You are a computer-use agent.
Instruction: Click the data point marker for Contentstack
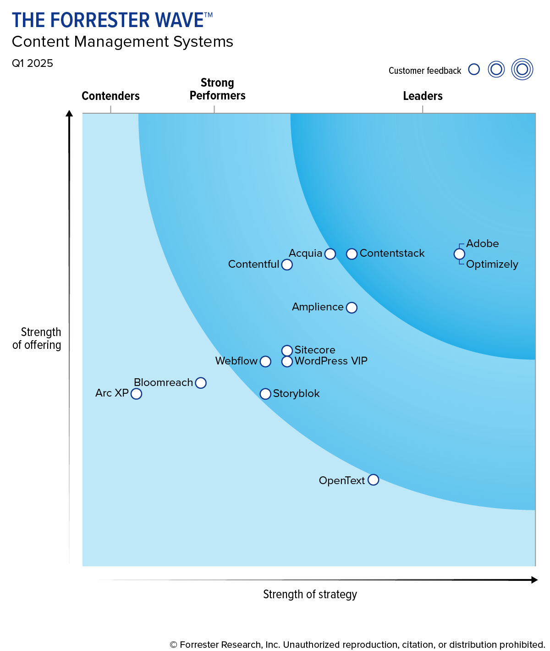pos(352,254)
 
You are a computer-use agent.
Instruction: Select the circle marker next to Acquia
pos(330,254)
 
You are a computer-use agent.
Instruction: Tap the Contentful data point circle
pos(287,265)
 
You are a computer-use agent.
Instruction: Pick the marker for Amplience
pos(352,308)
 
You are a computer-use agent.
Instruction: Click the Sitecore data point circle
pos(287,351)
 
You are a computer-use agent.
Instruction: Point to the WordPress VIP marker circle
pos(287,362)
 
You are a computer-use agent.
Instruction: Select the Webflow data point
pos(265,362)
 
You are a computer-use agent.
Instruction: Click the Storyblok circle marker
pos(265,394)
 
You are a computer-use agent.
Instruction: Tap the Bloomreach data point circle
pos(201,383)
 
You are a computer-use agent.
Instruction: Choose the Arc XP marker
pos(136,394)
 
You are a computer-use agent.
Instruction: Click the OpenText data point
pos(374,480)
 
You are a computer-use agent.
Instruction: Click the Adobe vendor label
pos(482,244)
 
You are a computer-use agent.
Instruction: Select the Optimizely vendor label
pos(492,265)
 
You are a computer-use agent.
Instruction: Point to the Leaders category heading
pos(423,96)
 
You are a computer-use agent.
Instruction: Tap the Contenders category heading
pos(110,96)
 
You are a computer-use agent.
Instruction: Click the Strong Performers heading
pos(217,89)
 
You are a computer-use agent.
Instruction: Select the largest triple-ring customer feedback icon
pos(522,70)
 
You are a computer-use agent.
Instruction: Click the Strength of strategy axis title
pos(310,595)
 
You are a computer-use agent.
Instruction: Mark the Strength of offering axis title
pos(37,338)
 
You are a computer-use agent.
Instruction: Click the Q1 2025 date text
pos(33,63)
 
